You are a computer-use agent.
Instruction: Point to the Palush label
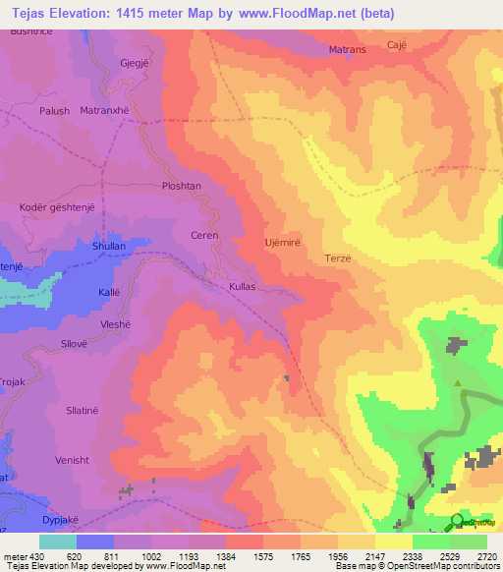[x=54, y=111]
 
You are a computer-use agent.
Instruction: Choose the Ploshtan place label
[x=181, y=186]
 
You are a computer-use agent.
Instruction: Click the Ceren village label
[x=203, y=236]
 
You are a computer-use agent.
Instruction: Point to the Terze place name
[x=337, y=258]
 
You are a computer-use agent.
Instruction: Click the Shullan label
[x=109, y=247]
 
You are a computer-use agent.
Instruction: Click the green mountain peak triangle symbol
[x=458, y=382]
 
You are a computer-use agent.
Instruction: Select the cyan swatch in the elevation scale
[x=58, y=542]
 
